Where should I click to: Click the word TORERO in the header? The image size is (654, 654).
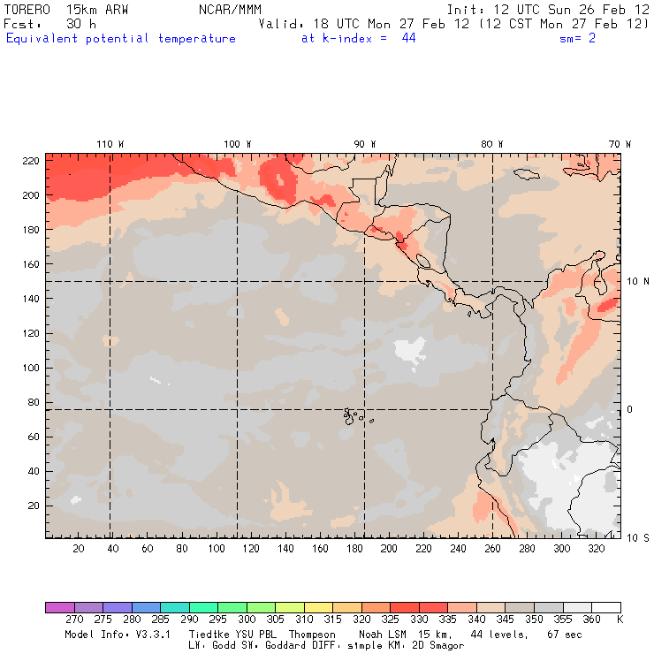[x=27, y=9]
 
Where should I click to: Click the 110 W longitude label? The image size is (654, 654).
[x=110, y=144]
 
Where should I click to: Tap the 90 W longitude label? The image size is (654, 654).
[x=365, y=144]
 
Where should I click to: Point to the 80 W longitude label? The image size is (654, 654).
[x=492, y=144]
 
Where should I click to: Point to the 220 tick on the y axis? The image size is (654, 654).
[x=32, y=160]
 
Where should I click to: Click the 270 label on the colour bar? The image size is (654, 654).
[x=74, y=620]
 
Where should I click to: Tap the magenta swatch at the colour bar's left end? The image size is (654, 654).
[x=59, y=607]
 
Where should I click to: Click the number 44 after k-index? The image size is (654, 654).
[x=408, y=39]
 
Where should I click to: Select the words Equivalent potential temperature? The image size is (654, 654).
[x=121, y=39]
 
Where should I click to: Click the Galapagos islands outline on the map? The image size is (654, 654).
[x=354, y=414]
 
